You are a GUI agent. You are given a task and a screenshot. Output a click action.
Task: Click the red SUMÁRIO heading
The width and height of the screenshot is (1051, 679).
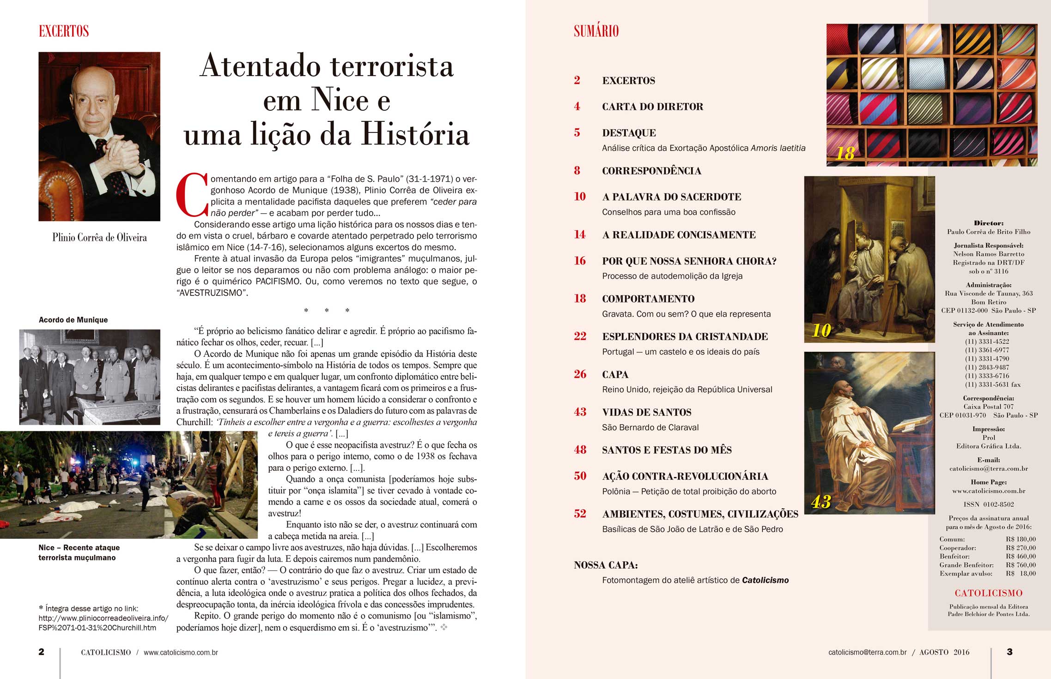click(596, 31)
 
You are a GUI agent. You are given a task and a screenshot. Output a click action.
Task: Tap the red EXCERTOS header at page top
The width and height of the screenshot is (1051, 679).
click(64, 31)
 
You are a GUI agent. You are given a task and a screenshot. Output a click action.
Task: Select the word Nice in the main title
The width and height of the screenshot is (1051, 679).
click(340, 99)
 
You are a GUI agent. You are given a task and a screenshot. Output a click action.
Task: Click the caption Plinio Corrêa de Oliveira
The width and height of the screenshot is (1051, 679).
click(99, 237)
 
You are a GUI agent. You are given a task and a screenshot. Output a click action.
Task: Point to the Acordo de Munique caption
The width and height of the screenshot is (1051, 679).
click(73, 320)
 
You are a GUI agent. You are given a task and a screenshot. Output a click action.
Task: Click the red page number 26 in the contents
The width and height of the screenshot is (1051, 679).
click(580, 374)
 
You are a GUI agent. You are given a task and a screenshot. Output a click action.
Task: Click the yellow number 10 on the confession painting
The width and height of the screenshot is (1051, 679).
click(821, 330)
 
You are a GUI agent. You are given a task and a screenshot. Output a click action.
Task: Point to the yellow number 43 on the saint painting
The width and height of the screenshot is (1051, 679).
click(821, 502)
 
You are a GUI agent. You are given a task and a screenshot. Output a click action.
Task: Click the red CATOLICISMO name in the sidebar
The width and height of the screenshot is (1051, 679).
click(988, 593)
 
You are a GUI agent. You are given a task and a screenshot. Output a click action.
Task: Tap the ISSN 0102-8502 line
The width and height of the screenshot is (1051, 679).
click(988, 505)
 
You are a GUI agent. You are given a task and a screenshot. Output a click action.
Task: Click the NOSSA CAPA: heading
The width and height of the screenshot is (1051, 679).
click(606, 565)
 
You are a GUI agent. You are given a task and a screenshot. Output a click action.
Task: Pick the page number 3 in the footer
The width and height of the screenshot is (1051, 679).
click(1009, 652)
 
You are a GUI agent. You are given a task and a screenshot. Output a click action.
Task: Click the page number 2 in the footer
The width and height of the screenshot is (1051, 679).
click(41, 652)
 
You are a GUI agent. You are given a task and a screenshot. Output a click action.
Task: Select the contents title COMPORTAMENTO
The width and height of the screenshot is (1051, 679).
click(648, 299)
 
